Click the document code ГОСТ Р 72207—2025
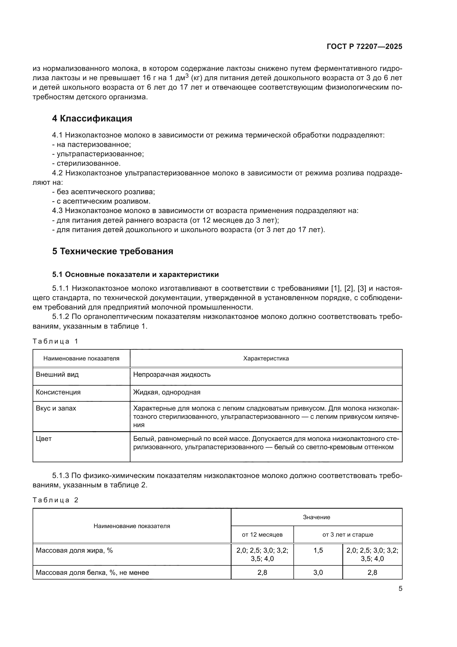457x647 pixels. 364,47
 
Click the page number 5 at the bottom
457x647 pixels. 400,589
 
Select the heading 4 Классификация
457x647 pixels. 92,119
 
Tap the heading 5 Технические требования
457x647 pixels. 112,251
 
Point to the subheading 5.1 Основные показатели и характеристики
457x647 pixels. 135,274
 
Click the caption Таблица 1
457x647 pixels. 56,342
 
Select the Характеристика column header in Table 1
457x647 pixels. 266,358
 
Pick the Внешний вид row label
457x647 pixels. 57,375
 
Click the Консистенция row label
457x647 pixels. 58,392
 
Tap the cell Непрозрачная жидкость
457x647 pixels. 172,375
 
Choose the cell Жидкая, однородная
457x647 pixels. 167,392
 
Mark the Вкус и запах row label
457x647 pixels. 56,408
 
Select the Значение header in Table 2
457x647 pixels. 317,517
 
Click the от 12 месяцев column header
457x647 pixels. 262,535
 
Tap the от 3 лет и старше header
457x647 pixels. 348,535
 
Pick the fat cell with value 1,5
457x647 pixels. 318,550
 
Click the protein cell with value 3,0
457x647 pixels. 318,572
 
